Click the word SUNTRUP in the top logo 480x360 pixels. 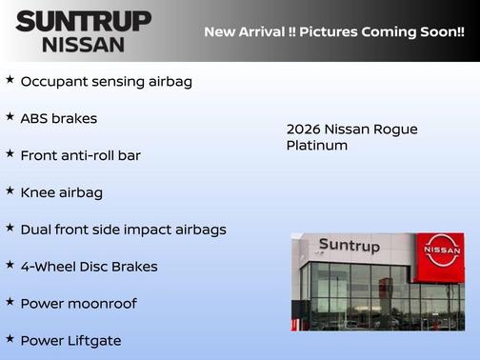pyautogui.click(x=84, y=20)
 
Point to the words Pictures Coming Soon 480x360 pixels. pyautogui.click(x=383, y=31)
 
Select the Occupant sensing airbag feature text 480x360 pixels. pyautogui.click(x=106, y=82)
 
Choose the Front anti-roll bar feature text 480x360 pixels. pyautogui.click(x=80, y=155)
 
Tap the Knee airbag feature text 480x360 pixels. pyautogui.click(x=61, y=192)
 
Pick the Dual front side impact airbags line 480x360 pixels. pyautogui.click(x=123, y=230)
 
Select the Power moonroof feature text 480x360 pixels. pyautogui.click(x=78, y=304)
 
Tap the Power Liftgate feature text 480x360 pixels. pyautogui.click(x=70, y=340)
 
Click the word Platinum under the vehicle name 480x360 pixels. pyautogui.click(x=317, y=146)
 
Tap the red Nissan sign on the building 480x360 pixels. pyautogui.click(x=441, y=250)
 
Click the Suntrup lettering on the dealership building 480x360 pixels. pyautogui.click(x=349, y=246)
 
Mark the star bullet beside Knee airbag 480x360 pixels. pyautogui.click(x=10, y=190)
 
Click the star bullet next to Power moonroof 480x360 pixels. pyautogui.click(x=10, y=302)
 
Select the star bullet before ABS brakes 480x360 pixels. pyautogui.click(x=10, y=117)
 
